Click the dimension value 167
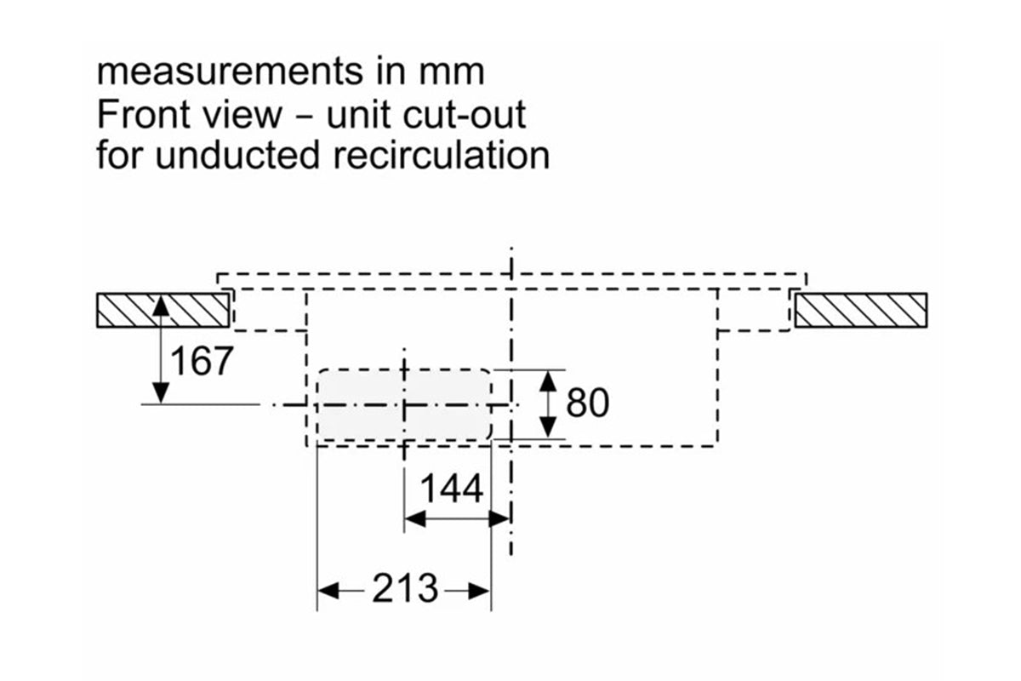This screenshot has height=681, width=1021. point(202,361)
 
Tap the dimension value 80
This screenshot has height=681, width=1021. point(588,403)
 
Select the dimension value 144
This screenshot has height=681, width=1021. point(453,489)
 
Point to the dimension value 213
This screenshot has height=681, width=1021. point(405,588)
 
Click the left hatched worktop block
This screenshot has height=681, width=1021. point(163,311)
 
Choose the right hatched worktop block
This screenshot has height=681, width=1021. point(859,311)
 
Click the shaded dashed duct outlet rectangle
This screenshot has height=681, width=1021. point(403,404)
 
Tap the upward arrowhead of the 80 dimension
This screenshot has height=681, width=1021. point(550,379)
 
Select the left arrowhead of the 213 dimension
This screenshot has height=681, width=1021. point(327,589)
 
